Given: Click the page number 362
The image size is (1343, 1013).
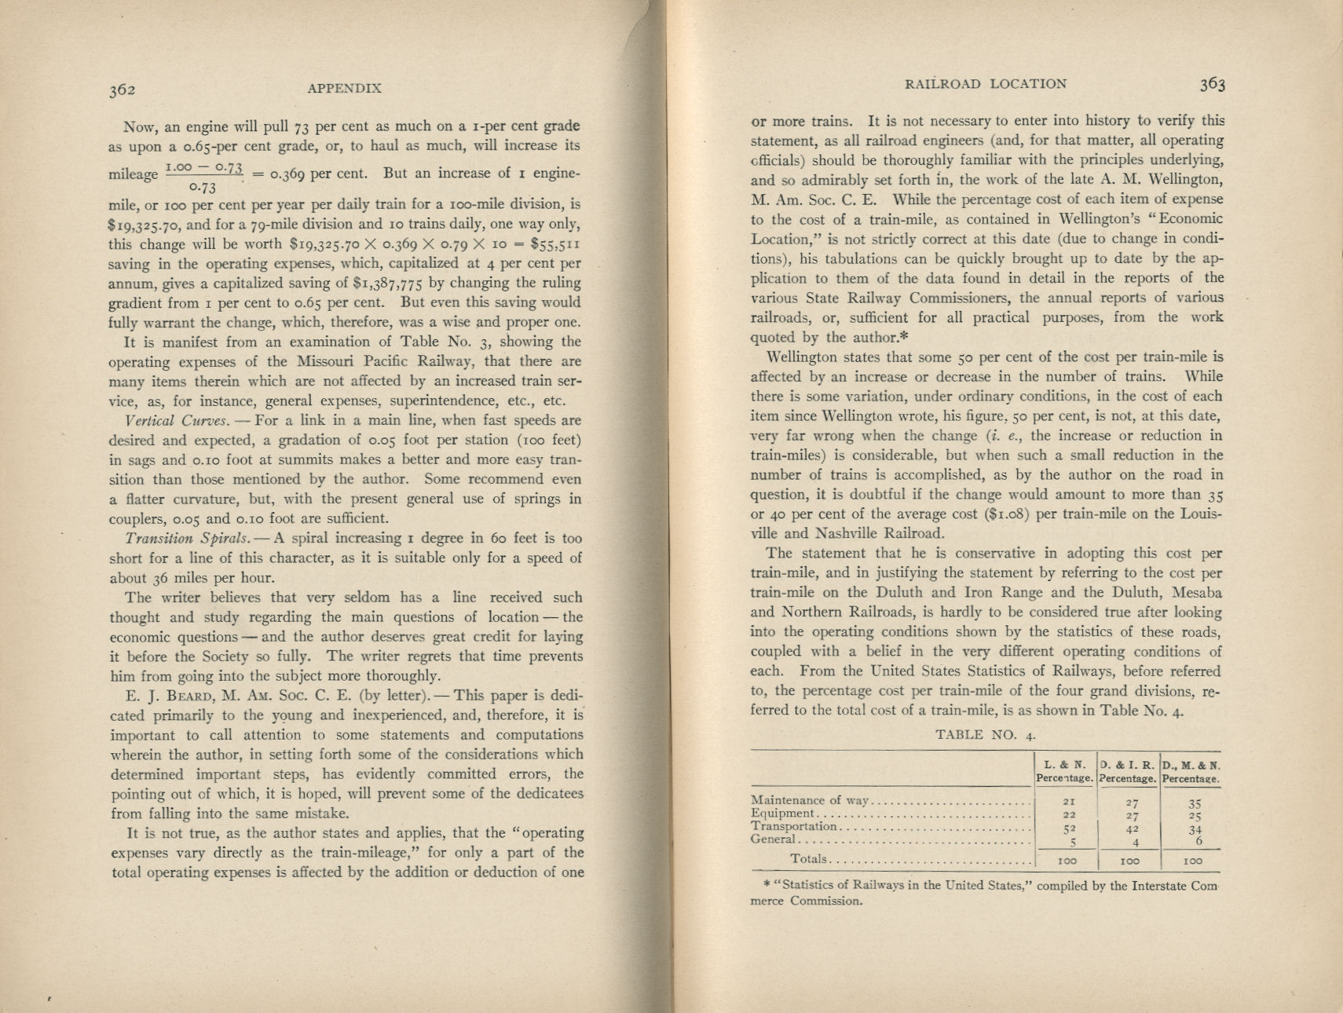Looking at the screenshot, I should click(123, 90).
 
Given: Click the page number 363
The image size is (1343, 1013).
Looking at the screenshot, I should click(1212, 84).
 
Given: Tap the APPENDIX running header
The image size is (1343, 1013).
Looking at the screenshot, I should click(344, 88).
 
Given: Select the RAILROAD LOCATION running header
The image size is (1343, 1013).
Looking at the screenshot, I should click(986, 84).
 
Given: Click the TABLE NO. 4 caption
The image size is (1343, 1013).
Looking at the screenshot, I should click(986, 735).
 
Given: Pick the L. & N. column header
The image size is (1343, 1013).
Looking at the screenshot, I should click(1065, 764).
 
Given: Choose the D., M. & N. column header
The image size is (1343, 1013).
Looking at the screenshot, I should click(1191, 764).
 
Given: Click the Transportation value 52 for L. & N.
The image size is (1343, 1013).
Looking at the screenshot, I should click(1067, 828).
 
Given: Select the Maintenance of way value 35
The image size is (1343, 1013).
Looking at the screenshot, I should click(1195, 803).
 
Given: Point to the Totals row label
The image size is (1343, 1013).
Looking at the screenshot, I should click(808, 858).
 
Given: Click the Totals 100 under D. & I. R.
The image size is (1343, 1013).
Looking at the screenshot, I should click(1129, 861).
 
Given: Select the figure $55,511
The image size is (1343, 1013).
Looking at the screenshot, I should click(555, 244).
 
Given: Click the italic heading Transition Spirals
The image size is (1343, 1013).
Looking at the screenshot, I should click(186, 539).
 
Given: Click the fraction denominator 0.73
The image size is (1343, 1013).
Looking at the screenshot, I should click(203, 188).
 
